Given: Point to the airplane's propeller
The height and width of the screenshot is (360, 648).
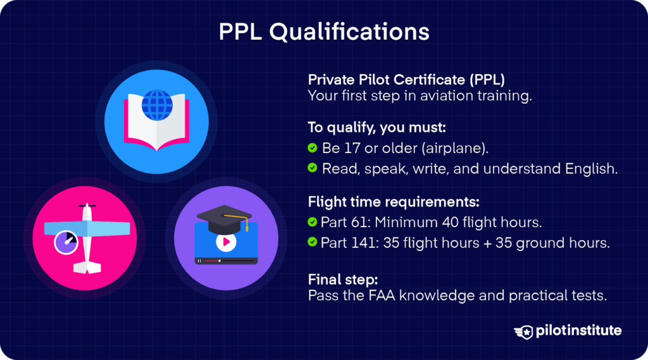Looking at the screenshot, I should [86, 206].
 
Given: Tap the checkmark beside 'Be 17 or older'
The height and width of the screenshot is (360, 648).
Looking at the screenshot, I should [313, 148].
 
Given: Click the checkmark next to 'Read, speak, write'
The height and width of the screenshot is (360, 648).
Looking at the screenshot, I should [313, 168].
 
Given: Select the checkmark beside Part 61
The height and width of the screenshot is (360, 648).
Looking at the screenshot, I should [313, 223].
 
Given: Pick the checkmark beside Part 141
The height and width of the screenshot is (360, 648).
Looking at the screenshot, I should [313, 242].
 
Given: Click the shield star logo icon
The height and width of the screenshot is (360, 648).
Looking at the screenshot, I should [525, 332].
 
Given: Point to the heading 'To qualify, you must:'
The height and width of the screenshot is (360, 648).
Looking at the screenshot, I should [377, 128].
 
